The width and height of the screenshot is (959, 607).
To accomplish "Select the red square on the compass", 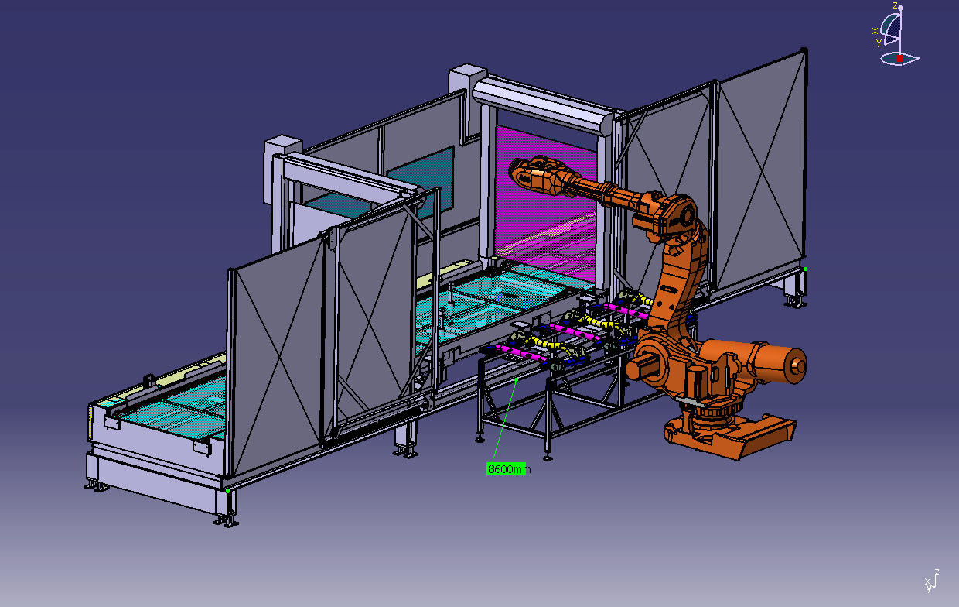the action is click(899, 58).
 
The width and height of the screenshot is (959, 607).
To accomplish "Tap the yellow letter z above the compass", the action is click(894, 5).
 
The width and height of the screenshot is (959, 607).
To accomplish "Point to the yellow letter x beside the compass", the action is click(875, 30).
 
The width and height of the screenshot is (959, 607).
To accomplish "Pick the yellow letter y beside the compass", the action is click(879, 42).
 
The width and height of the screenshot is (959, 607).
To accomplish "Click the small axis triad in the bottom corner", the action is click(932, 581).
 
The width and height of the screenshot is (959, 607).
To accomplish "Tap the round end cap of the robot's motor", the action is click(797, 365).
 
